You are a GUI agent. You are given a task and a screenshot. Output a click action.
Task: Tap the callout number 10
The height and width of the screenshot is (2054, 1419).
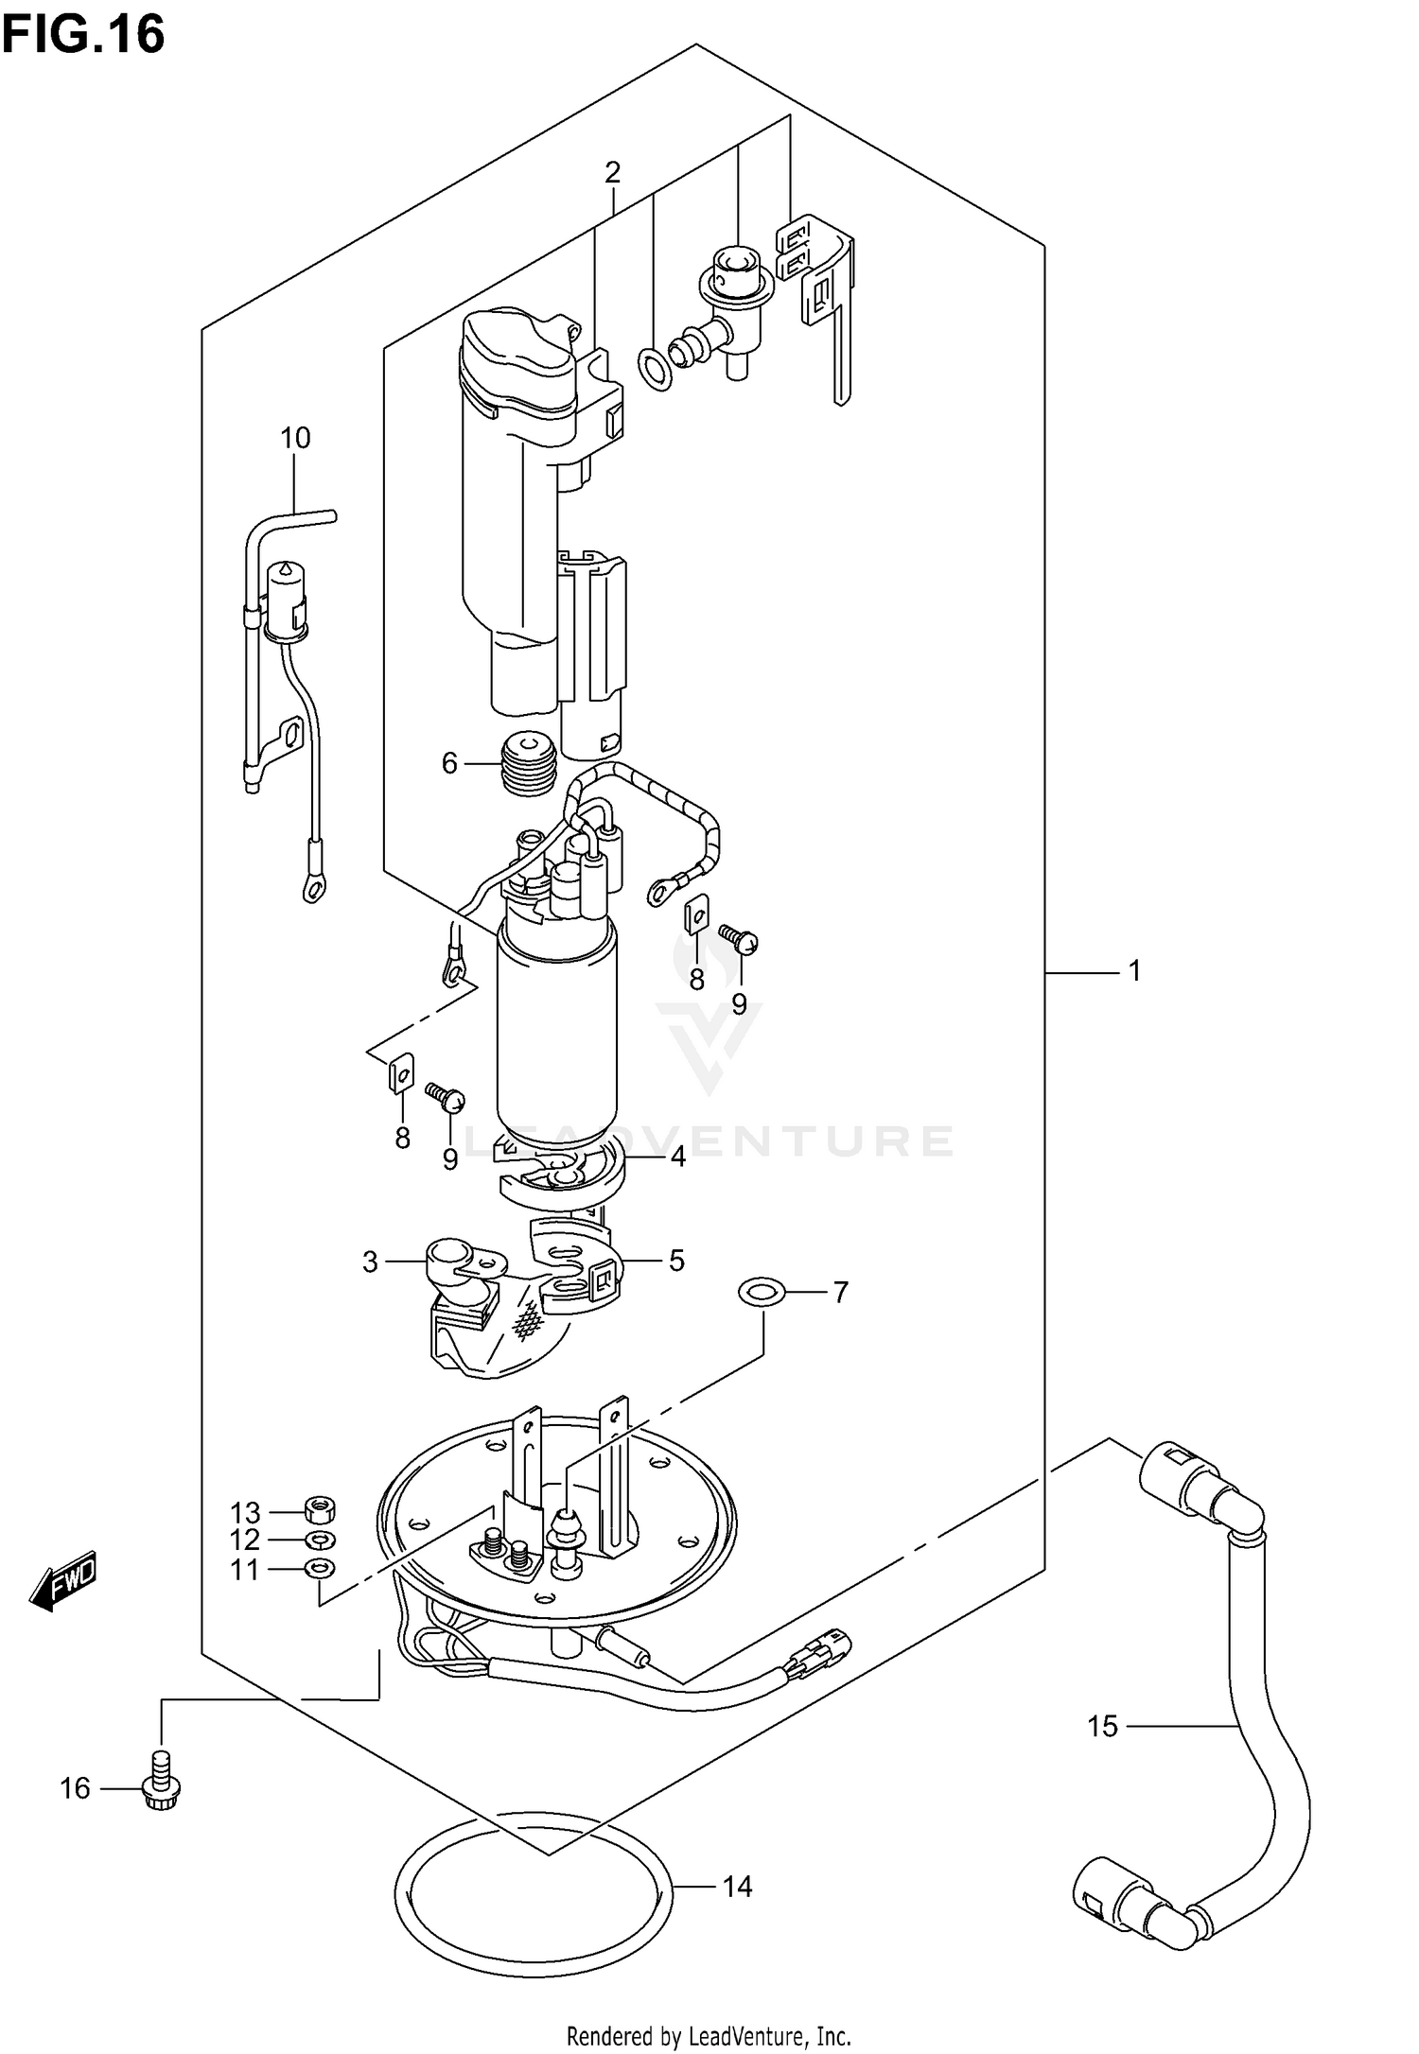pyautogui.click(x=295, y=438)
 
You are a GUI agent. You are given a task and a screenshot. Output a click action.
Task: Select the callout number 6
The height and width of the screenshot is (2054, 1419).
pyautogui.click(x=450, y=763)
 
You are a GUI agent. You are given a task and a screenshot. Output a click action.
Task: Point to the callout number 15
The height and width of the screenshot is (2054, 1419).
pyautogui.click(x=1102, y=1726)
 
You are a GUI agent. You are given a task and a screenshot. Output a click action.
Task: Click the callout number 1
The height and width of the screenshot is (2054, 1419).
pyautogui.click(x=1134, y=970)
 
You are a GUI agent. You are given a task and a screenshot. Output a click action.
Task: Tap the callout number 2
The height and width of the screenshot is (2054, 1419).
pyautogui.click(x=613, y=172)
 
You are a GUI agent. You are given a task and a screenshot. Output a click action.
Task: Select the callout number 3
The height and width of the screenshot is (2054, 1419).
pyautogui.click(x=370, y=1262)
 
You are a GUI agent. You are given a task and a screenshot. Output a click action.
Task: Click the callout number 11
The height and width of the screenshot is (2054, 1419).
pyautogui.click(x=245, y=1570)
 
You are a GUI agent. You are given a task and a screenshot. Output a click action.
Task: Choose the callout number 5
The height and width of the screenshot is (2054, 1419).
pyautogui.click(x=676, y=1261)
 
